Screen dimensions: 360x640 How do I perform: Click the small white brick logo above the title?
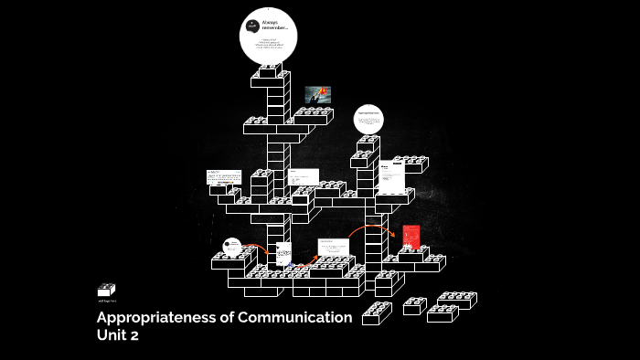pos(107,290)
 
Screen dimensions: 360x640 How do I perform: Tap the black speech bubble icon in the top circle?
pos(252,26)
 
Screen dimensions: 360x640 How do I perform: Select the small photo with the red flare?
pos(317,94)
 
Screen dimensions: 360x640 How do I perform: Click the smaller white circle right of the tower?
pos(369,119)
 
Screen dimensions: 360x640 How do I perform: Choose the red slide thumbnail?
pos(411,237)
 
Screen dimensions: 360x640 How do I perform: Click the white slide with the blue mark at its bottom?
pos(283,253)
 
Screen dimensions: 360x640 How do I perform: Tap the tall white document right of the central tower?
pos(392,175)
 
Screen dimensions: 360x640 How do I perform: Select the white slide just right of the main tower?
pos(303,176)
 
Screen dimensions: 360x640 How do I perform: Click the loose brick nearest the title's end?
pos(377,313)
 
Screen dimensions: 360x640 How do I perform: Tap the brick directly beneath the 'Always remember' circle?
pos(272,74)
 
